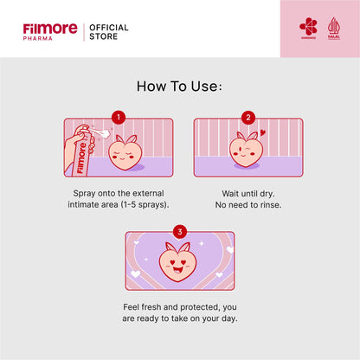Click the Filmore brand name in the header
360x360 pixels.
[49, 29]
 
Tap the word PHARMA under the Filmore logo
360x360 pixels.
[39, 39]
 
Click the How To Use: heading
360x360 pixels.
[179, 87]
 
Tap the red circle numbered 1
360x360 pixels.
[119, 117]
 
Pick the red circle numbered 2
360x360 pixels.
[247, 117]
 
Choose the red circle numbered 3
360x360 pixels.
[180, 231]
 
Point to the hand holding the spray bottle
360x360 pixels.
[72, 158]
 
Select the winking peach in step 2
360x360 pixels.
[245, 150]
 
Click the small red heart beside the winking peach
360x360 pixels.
[263, 133]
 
